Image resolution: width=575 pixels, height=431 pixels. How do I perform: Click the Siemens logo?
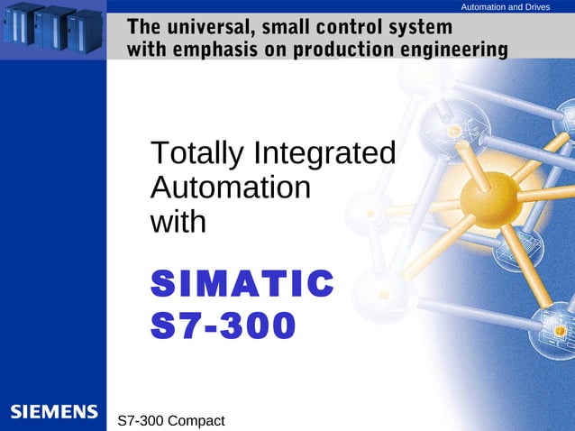coord(53,412)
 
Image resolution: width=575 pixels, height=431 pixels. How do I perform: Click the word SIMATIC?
coord(242,283)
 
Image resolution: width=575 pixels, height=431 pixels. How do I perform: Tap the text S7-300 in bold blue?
coord(222,326)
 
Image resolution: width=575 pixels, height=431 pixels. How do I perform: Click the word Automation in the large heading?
coord(231,188)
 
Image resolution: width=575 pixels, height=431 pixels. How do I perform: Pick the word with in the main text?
coord(178,221)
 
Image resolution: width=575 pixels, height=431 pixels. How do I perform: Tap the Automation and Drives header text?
coord(505,7)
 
